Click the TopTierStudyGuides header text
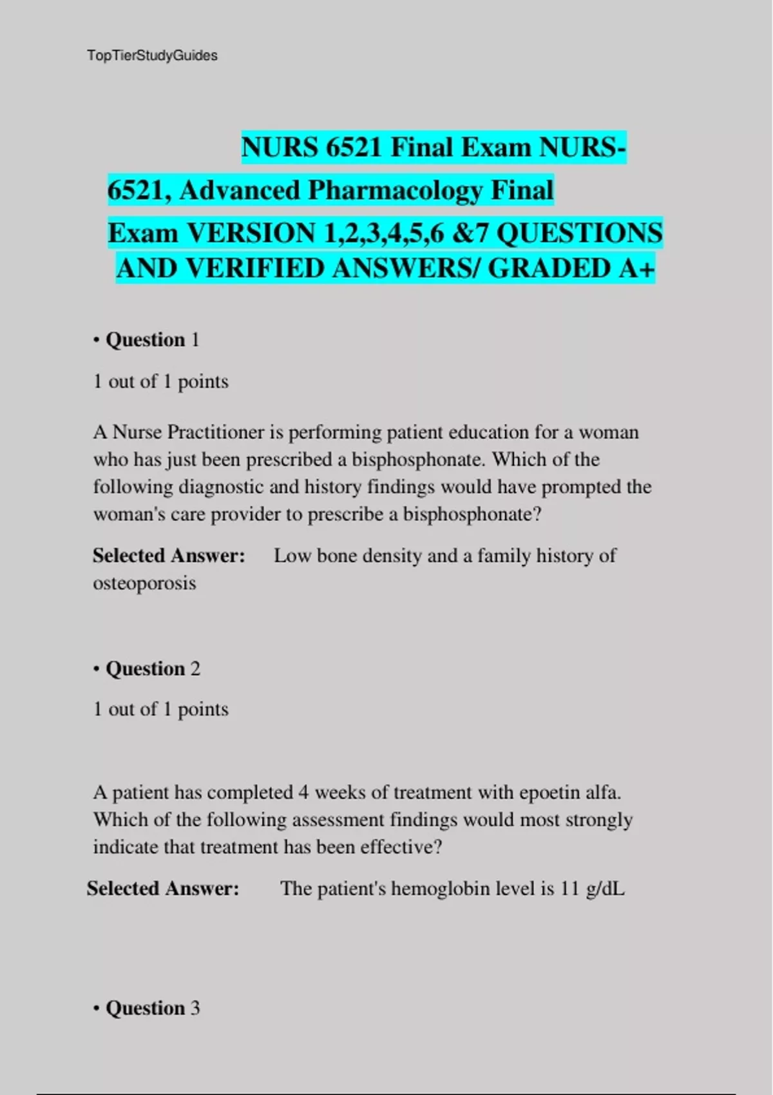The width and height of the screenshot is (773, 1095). (152, 56)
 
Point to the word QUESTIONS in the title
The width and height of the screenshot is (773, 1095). (579, 233)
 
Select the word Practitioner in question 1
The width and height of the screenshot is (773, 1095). (216, 432)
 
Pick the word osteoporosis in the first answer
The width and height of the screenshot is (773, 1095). (144, 583)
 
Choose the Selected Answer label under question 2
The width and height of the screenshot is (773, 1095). (163, 889)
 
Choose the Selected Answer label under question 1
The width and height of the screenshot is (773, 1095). (169, 555)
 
